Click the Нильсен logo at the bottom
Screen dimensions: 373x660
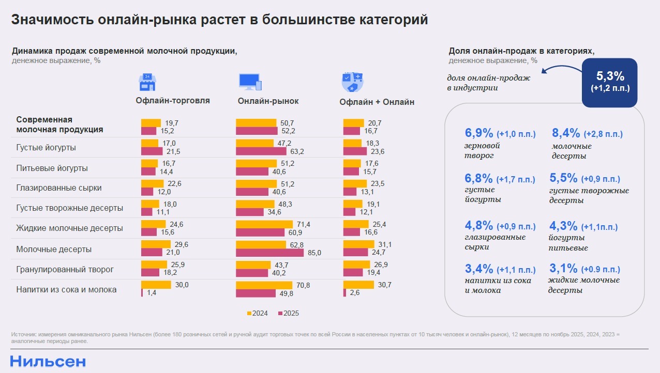click(x=48, y=361)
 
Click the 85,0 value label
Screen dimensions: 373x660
click(x=314, y=253)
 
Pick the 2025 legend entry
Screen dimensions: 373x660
click(x=288, y=313)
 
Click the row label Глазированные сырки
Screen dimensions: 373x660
click(x=59, y=188)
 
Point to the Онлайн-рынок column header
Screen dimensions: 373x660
click(x=268, y=101)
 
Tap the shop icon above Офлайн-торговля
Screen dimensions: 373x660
click(x=147, y=82)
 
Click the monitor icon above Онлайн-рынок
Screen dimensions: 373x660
click(x=250, y=82)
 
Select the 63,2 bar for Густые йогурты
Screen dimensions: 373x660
click(x=261, y=151)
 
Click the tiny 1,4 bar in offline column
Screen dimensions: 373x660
click(x=142, y=293)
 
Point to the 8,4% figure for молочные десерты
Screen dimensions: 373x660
click(x=566, y=134)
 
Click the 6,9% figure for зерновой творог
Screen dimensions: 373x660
click(x=479, y=133)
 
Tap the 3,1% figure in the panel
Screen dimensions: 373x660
click(x=563, y=269)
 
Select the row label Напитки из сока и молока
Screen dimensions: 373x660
click(x=66, y=289)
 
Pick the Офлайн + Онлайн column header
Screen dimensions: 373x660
click(x=377, y=102)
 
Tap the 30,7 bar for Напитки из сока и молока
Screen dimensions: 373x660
click(x=358, y=285)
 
